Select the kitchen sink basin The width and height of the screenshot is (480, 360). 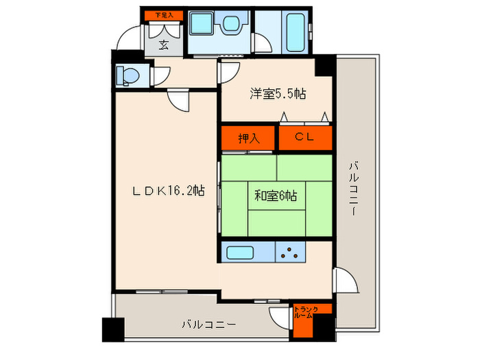pos(240,252)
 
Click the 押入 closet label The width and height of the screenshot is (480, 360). pos(249,138)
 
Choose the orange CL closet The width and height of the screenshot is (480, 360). pos(305,138)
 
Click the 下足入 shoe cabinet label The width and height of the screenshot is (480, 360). pos(163,14)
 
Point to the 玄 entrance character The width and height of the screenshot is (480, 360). pos(164,46)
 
